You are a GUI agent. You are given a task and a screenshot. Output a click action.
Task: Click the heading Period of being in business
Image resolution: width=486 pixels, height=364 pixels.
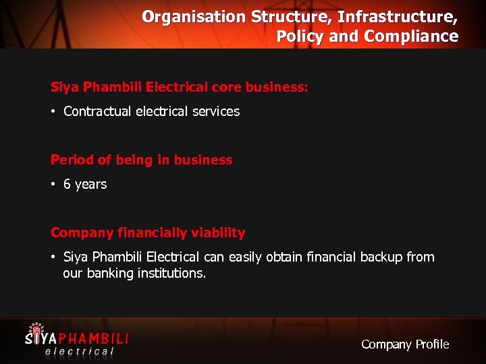tap(141, 160)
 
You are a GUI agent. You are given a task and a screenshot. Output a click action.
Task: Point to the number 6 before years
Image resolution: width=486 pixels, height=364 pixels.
tap(67, 184)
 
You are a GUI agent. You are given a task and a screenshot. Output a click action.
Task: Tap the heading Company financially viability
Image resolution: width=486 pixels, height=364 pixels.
tap(148, 233)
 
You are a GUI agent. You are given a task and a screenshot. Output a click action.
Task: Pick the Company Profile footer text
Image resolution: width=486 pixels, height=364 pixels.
tap(404, 344)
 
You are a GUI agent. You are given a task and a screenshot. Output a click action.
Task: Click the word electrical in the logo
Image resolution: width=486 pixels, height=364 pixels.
tap(79, 350)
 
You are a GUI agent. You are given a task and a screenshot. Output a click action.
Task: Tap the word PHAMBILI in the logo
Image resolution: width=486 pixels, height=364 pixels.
tap(94, 336)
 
